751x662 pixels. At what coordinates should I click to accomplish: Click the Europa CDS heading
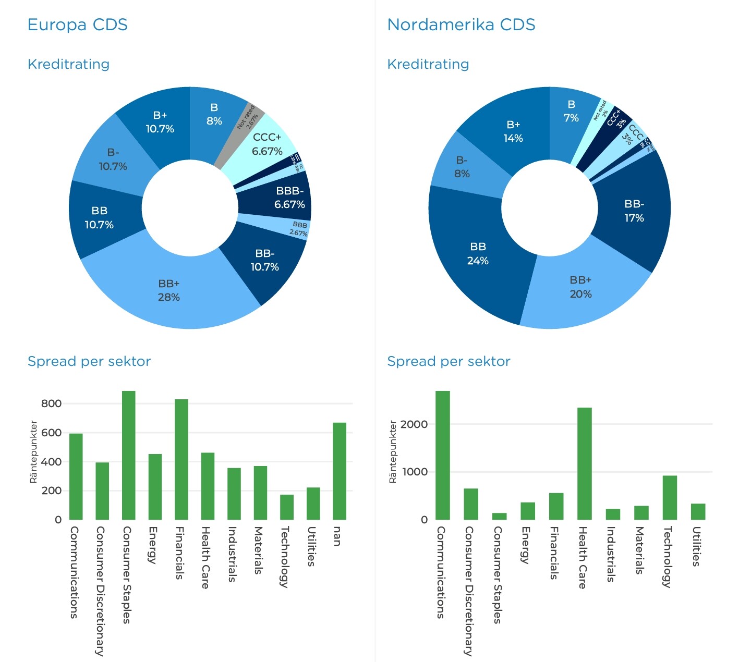pyautogui.click(x=77, y=24)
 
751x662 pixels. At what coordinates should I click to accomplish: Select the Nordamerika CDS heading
pyautogui.click(x=461, y=24)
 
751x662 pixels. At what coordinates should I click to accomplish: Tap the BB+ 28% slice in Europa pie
pyautogui.click(x=169, y=291)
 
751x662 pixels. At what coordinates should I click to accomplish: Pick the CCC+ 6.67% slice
pyautogui.click(x=267, y=144)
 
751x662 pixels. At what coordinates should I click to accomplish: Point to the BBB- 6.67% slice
pyautogui.click(x=289, y=198)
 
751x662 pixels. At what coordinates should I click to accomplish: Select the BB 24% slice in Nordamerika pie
pyautogui.click(x=477, y=254)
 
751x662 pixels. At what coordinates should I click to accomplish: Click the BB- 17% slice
pyautogui.click(x=634, y=211)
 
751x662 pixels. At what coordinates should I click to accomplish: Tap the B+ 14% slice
pyautogui.click(x=513, y=131)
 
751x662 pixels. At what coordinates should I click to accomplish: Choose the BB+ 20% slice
pyautogui.click(x=580, y=287)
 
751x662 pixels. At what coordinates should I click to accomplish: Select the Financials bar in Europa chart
pyautogui.click(x=181, y=459)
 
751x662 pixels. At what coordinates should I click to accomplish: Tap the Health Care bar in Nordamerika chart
pyautogui.click(x=584, y=463)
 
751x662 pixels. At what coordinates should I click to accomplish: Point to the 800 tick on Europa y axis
pyautogui.click(x=51, y=403)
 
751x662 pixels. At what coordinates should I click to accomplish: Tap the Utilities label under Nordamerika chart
pyautogui.click(x=696, y=546)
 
